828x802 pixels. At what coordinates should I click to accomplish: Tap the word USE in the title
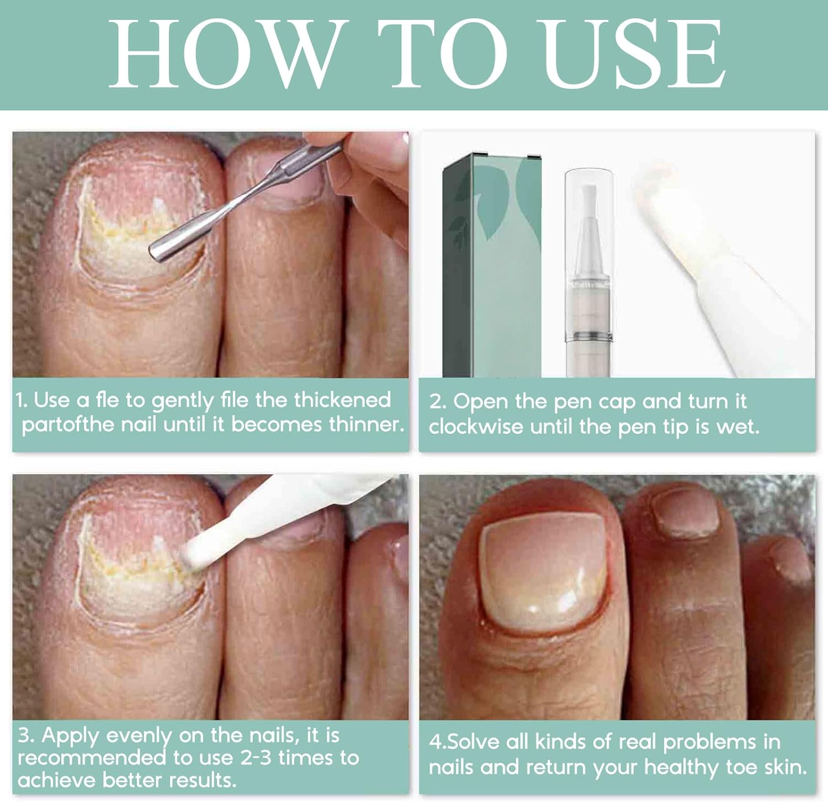pos(634,54)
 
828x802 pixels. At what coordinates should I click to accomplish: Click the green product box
pos(492,265)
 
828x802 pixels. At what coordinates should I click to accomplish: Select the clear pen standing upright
pos(589,273)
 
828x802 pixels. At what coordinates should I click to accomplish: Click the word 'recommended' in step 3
pos(92,757)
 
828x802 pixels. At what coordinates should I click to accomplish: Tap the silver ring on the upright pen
pos(589,334)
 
